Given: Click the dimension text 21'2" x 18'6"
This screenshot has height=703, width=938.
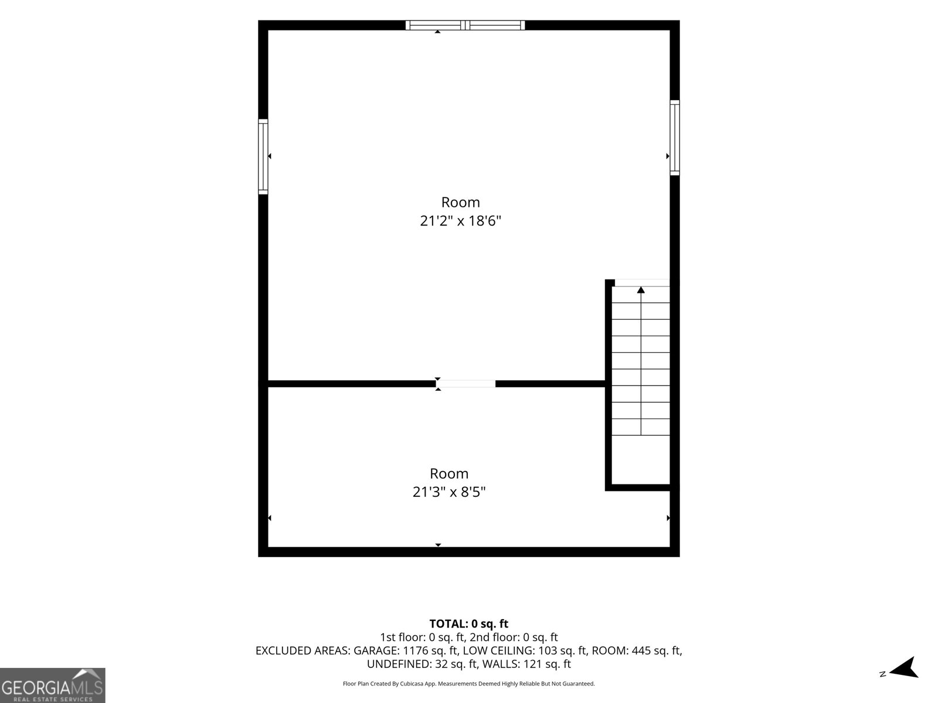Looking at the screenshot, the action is click(x=460, y=221).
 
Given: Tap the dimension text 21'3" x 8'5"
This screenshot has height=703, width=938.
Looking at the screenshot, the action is click(x=449, y=492).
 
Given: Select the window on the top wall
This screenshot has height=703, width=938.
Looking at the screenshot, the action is click(x=465, y=25).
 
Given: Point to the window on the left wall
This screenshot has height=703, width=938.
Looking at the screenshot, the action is click(x=263, y=156).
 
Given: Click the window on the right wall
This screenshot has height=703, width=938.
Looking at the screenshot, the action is click(x=675, y=138).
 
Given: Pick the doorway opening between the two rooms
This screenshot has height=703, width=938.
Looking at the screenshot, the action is click(x=465, y=384).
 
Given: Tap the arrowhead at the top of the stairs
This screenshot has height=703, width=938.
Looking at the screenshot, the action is click(x=641, y=290).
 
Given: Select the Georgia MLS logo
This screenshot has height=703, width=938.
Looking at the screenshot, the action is click(x=53, y=685).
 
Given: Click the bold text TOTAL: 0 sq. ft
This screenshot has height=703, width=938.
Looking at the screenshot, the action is click(x=469, y=624).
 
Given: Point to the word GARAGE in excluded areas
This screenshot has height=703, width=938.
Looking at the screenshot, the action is click(x=376, y=650).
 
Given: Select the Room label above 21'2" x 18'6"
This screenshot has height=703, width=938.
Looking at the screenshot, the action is click(x=460, y=202).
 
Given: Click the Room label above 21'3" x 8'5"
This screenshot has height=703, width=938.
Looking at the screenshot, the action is click(x=449, y=473).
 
